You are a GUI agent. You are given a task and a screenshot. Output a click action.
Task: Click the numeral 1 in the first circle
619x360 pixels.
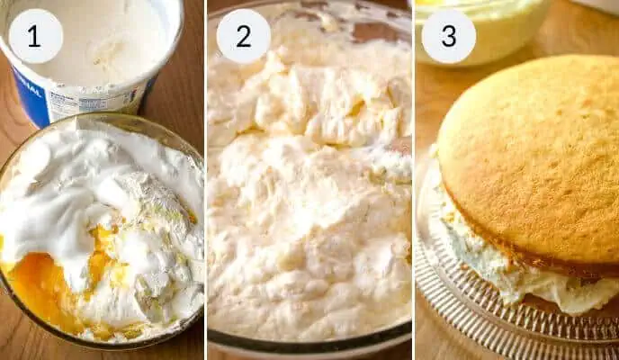[34, 36]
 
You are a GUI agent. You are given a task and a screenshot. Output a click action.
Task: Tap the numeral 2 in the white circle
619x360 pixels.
[244, 36]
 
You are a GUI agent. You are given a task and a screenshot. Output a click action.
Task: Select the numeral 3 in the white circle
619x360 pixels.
[448, 36]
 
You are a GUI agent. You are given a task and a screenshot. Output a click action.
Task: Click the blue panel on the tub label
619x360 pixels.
[30, 96]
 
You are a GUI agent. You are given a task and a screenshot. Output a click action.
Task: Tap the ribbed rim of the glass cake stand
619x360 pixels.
[474, 316]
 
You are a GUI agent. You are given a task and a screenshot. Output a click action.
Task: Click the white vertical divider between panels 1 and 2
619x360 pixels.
[205, 180]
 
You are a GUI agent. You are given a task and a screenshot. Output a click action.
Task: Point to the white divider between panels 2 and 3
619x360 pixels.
[413, 180]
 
